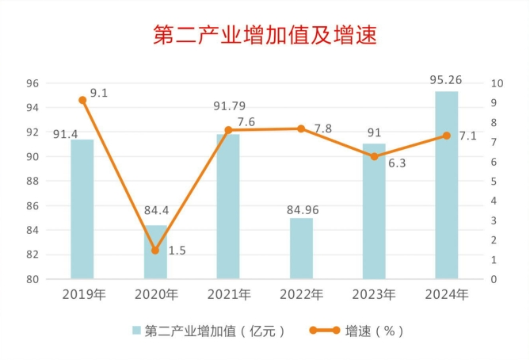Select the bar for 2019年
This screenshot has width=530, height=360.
pos(82,209)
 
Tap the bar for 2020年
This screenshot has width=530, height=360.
pos(155,252)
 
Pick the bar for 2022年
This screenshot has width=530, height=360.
pos(301,249)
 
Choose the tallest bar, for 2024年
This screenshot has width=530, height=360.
pos(447,186)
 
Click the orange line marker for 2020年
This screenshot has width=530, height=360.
pos(155,251)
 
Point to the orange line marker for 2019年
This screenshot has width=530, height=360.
pos(82,100)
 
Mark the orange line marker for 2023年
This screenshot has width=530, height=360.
pos(374,156)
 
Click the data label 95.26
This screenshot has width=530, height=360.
pos(445,79)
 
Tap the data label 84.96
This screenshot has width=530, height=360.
pos(301,210)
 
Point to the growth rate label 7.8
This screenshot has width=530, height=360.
pos(322,128)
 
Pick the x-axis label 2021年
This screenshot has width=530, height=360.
pos(229,294)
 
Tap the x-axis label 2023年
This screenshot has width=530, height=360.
pos(374,294)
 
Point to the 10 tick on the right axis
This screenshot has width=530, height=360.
pos(497,83)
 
